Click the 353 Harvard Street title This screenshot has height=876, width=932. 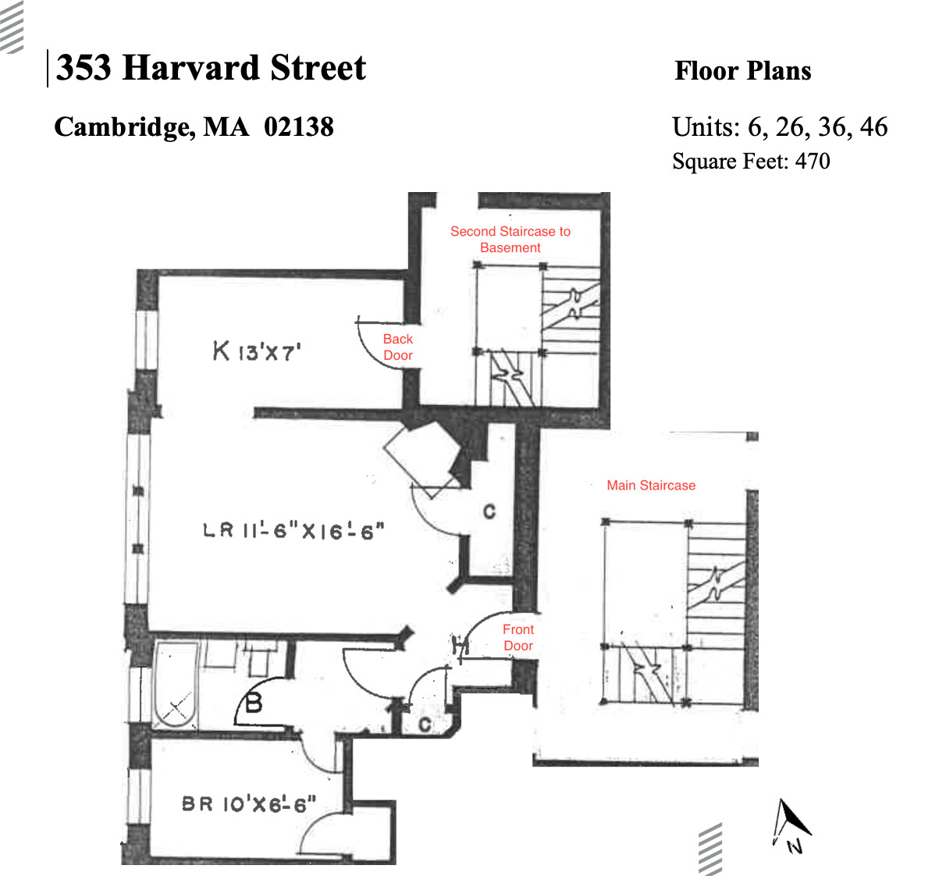click(211, 68)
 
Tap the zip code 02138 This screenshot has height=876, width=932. click(298, 126)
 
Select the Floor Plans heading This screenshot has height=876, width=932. click(742, 71)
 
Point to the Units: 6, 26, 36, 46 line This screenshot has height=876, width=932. click(779, 126)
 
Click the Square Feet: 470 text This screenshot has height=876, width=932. click(750, 161)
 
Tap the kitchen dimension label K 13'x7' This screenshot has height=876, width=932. click(257, 351)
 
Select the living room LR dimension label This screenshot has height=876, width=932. click(293, 531)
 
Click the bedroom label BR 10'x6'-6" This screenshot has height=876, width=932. click(249, 803)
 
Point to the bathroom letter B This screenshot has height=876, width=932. click(254, 703)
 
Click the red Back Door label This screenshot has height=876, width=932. click(397, 347)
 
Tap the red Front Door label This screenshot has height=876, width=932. click(518, 637)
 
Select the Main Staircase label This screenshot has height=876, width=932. click(651, 485)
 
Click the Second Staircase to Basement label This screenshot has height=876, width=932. click(510, 240)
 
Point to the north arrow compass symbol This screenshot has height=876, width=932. click(791, 824)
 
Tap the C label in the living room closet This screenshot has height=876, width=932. click(489, 511)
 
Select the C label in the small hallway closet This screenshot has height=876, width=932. click(425, 725)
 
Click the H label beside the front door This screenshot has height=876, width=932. click(460, 646)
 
